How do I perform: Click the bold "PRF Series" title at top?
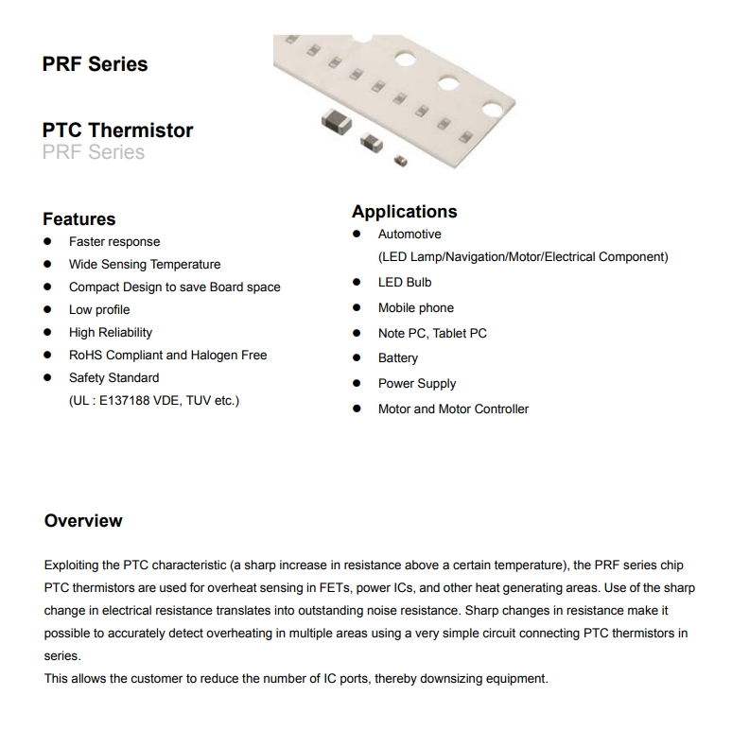coord(95,64)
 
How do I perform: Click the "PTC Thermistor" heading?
coord(117,130)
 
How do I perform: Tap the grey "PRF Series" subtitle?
coord(94,152)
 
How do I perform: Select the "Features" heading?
coord(78,219)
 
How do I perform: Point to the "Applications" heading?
coord(404,212)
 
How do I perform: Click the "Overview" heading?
coord(83,521)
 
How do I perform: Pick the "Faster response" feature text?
coord(114,242)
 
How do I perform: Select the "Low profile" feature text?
coord(99,310)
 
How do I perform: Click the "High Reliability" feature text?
coord(110,333)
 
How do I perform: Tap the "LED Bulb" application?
coord(405,283)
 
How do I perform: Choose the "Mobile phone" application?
coord(415,308)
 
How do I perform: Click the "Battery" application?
coord(397,358)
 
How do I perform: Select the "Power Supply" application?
coord(416,384)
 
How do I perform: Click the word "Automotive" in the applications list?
coord(410,235)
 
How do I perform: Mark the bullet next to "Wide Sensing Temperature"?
coord(47,265)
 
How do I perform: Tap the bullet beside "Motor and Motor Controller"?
coord(357,409)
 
